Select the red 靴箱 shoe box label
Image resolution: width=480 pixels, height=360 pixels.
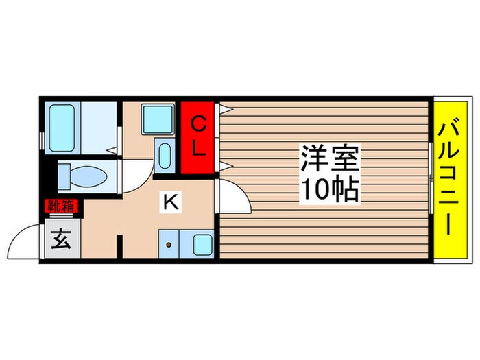click(x=61, y=204)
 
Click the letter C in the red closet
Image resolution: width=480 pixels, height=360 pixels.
click(x=197, y=124)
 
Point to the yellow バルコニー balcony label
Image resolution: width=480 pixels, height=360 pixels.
click(x=450, y=180)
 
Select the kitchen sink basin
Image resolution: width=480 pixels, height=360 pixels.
click(x=201, y=243)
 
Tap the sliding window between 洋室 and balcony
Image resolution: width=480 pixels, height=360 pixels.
click(x=431, y=180)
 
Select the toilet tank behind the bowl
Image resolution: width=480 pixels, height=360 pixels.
click(x=64, y=176)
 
